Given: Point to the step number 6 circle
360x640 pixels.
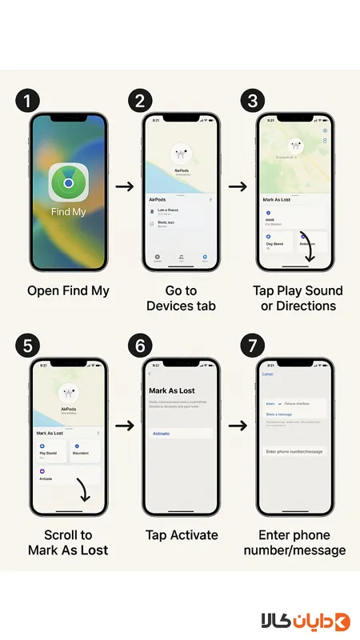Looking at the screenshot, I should [141, 346].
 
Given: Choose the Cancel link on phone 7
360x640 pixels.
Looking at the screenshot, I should [268, 374].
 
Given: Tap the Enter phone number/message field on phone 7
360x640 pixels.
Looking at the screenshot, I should [294, 452].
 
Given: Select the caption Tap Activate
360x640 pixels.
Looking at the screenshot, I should [181, 534].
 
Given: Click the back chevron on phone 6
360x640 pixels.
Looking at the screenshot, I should [150, 374].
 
